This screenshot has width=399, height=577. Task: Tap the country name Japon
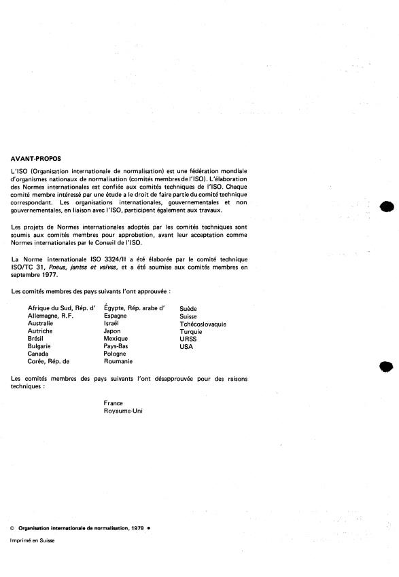click(112, 331)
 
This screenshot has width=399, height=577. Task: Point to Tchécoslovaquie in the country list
click(203, 324)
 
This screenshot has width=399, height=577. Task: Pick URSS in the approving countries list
click(188, 339)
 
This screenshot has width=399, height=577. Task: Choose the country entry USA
click(186, 346)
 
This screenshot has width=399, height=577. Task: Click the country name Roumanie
click(118, 361)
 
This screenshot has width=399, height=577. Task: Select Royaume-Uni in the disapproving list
click(123, 411)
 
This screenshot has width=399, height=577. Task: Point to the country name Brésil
click(35, 339)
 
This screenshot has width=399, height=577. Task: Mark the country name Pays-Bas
click(116, 346)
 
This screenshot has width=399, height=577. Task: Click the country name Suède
click(188, 309)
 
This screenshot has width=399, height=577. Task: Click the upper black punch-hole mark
click(387, 207)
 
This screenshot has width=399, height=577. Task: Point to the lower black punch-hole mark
click(387, 367)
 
